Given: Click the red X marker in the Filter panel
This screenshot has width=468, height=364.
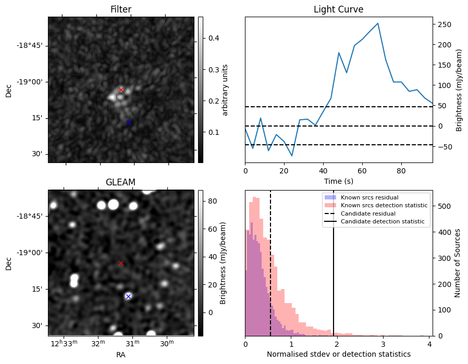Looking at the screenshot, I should (121, 90).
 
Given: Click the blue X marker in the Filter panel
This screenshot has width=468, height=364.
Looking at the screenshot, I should (129, 122).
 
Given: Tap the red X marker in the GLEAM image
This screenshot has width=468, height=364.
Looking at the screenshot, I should (121, 263).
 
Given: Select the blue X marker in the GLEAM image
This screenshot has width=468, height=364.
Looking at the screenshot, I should (128, 296).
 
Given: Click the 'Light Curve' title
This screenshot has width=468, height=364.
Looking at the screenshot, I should (338, 9).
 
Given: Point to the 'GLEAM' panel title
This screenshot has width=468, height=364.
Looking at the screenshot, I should (120, 182).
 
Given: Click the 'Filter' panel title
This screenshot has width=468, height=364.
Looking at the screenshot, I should (120, 9).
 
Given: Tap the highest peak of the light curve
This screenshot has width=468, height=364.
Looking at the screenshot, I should (378, 23).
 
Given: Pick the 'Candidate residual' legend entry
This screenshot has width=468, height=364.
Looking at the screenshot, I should (368, 214).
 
